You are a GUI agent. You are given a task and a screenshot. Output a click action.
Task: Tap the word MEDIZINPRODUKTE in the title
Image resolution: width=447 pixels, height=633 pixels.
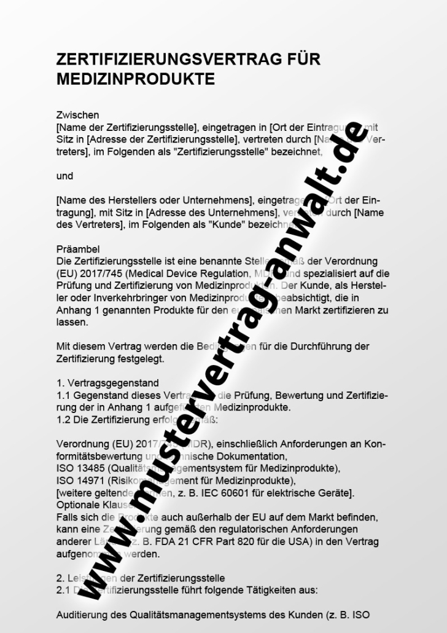(x=135, y=79)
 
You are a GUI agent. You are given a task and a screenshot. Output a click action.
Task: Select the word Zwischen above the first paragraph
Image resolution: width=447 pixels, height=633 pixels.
(x=77, y=115)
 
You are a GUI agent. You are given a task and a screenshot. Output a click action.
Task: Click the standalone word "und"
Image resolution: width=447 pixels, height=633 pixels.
(x=64, y=176)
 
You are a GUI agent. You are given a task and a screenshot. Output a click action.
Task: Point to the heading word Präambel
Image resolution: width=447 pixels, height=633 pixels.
(x=77, y=250)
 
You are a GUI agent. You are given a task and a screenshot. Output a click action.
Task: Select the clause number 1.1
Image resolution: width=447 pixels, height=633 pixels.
(x=63, y=395)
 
